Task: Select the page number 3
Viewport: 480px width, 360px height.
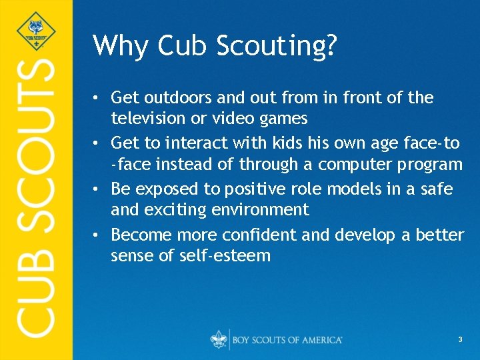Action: point(460,340)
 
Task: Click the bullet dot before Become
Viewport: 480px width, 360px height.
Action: point(97,235)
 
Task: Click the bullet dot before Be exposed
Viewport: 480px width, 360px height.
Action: point(97,189)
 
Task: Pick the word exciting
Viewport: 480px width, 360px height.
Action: point(169,211)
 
